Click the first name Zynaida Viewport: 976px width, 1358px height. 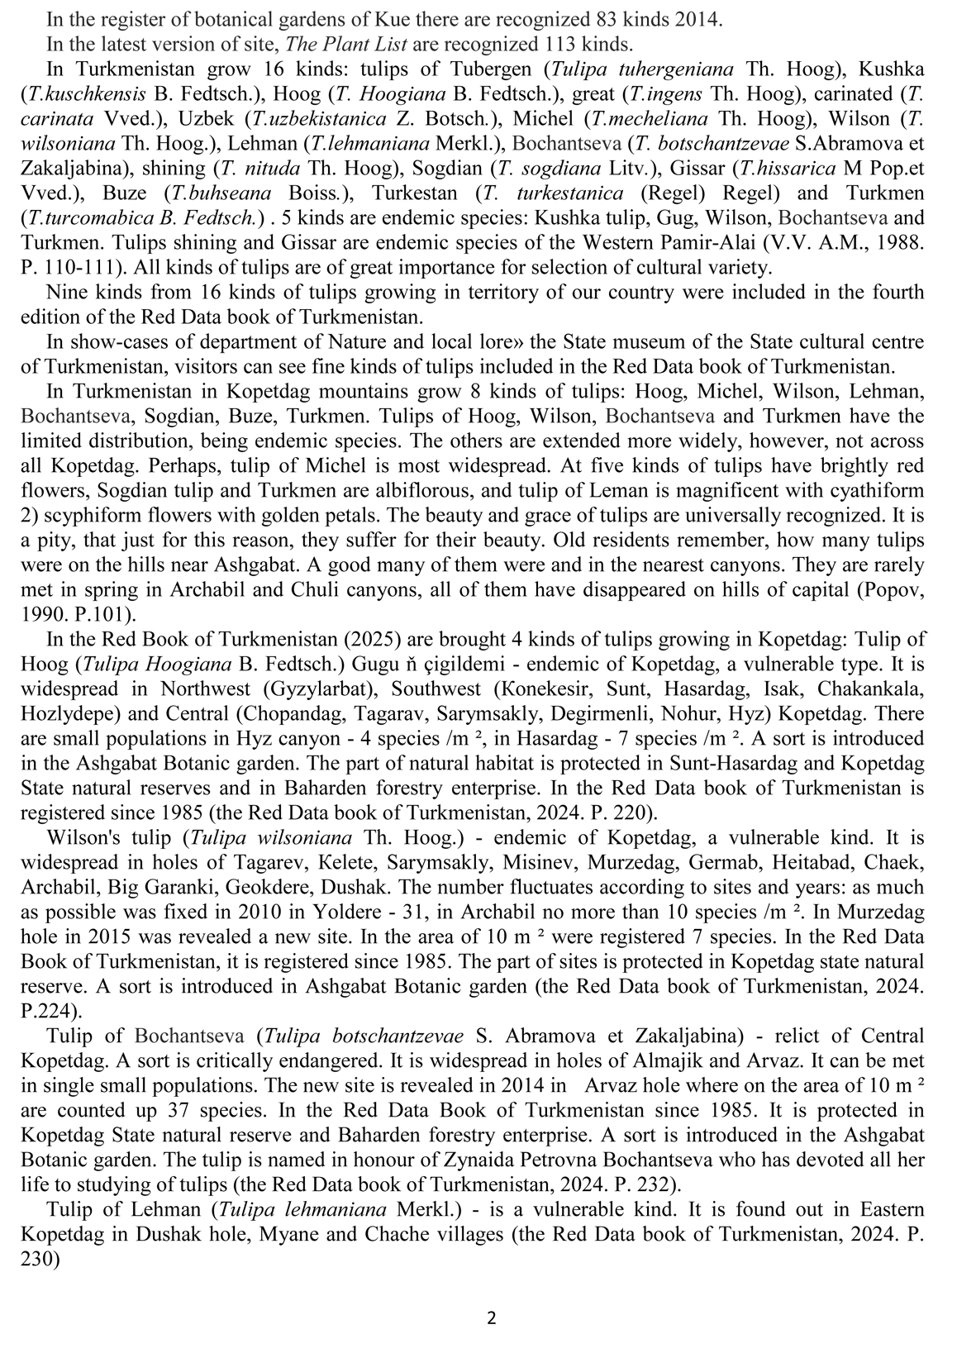[x=460, y=1160]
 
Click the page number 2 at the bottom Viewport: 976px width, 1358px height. [x=491, y=1318]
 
